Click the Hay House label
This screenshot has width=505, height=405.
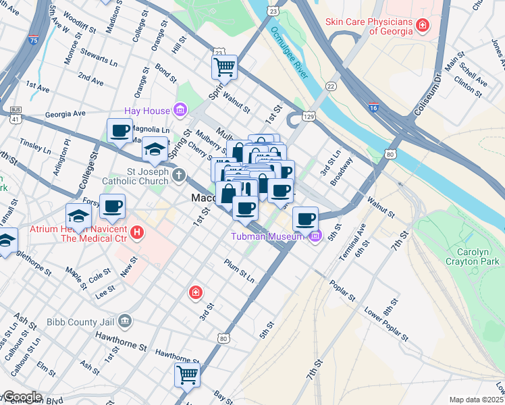[x=147, y=110]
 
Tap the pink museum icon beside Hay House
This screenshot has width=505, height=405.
[x=180, y=109]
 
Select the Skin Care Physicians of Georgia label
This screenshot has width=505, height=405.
[x=369, y=26]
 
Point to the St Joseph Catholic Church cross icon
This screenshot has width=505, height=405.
[x=178, y=175]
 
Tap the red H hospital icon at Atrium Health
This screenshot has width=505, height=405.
[x=138, y=234]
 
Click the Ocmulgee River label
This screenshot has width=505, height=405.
[x=289, y=52]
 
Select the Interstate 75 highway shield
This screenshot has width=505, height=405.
[x=34, y=40]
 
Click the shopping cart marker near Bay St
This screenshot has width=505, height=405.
[x=187, y=374]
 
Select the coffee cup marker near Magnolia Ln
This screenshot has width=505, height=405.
[x=120, y=130]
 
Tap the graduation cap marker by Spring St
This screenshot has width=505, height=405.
[x=155, y=149]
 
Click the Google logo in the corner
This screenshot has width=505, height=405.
[x=22, y=397]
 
